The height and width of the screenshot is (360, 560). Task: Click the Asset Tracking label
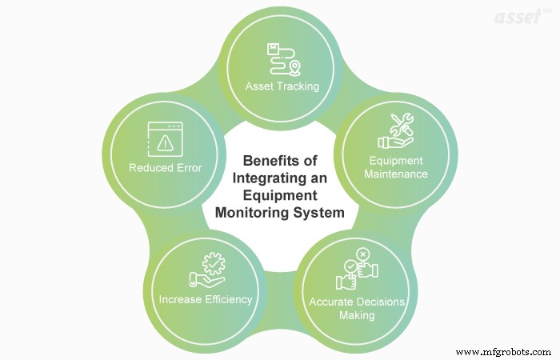282,86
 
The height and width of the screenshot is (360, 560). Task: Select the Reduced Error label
166,168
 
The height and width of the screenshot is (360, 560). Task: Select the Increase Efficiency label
206,300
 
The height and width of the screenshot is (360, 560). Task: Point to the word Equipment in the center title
279,195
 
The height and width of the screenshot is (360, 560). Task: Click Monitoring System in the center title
279,214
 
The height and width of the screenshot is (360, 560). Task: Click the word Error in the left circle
189,168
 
